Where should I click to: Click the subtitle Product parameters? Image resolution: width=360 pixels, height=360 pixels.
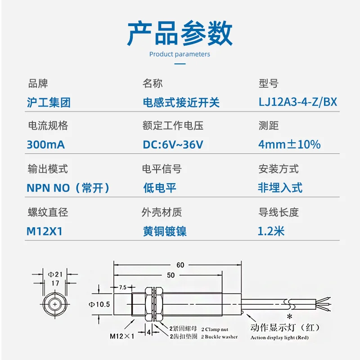click(180, 54)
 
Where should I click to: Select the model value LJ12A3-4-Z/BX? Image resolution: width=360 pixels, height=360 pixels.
click(297, 102)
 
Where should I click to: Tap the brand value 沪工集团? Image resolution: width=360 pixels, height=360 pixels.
click(49, 103)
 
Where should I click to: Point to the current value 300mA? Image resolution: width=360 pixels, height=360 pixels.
click(46, 145)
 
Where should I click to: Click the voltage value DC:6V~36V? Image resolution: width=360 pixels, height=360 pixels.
click(173, 145)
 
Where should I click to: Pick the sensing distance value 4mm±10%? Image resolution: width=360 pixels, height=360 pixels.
click(289, 145)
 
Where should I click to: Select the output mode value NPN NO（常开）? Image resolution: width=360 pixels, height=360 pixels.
click(68, 188)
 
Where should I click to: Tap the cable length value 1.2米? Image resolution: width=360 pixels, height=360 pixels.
click(271, 231)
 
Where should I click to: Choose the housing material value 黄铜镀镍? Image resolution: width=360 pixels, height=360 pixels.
click(164, 231)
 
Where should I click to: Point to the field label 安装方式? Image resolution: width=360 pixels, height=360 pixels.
click(278, 170)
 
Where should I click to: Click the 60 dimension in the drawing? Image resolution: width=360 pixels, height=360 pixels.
click(180, 265)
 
